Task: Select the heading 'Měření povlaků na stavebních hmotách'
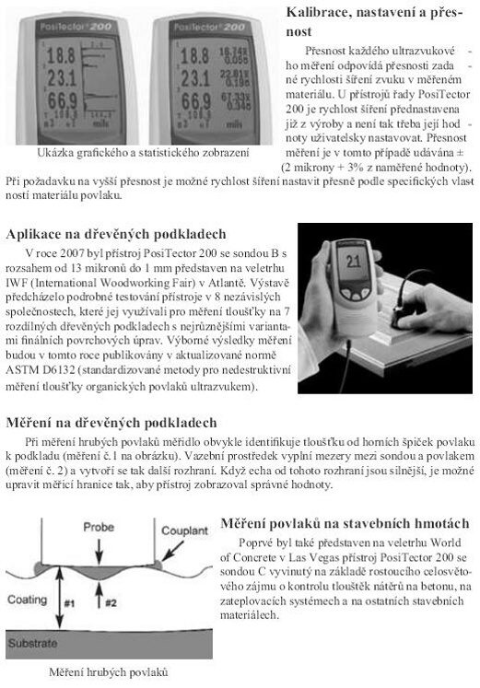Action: (x=348, y=522)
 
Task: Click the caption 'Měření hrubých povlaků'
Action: (x=111, y=671)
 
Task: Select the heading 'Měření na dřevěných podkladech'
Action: (x=111, y=423)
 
